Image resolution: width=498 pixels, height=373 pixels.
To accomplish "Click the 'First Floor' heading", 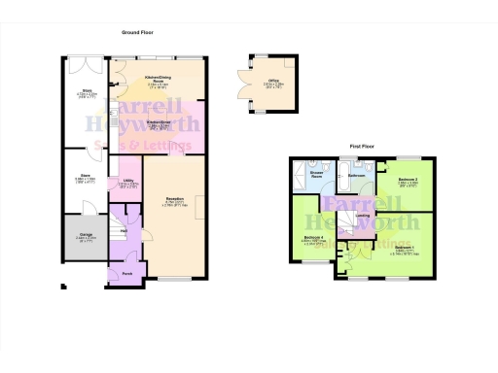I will click(363, 147).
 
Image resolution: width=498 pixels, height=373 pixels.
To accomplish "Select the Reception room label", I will click(174, 200).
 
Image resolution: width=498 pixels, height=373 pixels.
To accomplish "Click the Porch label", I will click(127, 273).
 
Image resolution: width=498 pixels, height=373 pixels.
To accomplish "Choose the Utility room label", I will click(127, 181).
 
